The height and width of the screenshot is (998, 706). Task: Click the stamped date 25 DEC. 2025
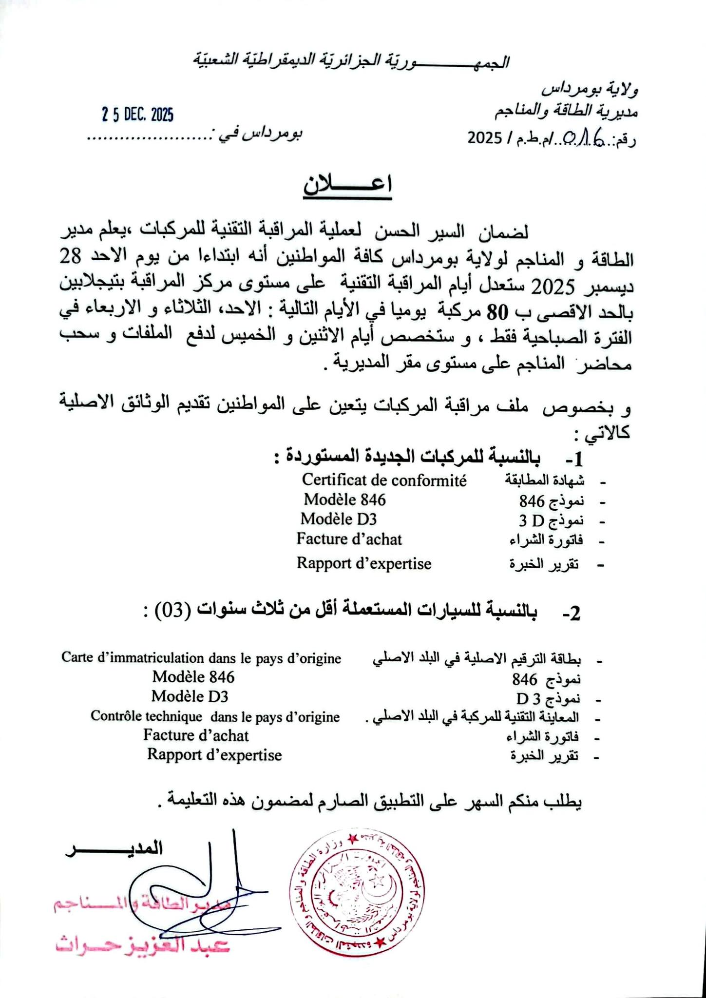point(138,115)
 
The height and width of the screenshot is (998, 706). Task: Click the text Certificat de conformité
point(384,480)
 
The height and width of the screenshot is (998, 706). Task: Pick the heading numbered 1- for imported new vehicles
point(429,458)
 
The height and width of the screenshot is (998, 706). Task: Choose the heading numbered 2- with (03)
point(363,612)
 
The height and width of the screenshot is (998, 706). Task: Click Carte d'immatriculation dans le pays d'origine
point(201,658)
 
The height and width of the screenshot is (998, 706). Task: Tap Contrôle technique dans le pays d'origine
point(215,717)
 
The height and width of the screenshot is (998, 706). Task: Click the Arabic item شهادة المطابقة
point(544,481)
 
